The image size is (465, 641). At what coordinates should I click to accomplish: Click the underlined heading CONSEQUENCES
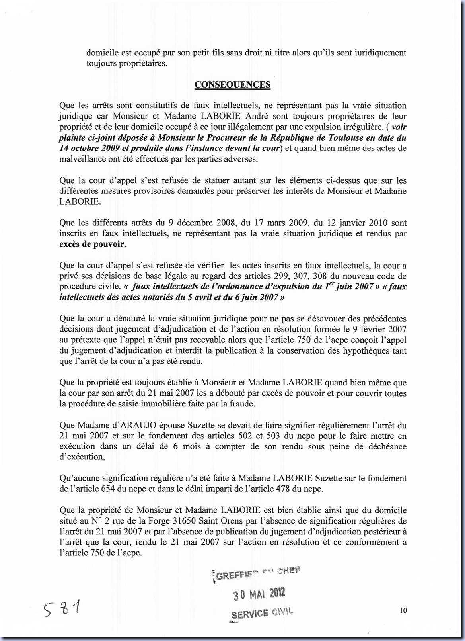[x=232, y=84]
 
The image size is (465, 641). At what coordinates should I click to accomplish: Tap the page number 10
[x=403, y=610]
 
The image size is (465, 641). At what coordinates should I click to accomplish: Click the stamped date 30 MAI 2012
[x=259, y=594]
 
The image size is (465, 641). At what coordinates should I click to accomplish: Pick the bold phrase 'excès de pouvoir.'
[x=93, y=244]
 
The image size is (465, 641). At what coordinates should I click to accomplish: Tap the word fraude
[x=241, y=404]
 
